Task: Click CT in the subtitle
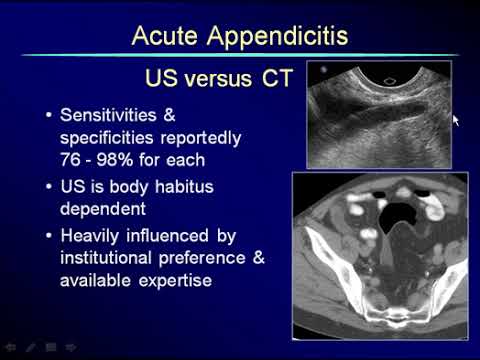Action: (x=273, y=77)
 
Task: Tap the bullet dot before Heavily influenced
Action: (x=48, y=236)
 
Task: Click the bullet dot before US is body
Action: (x=48, y=186)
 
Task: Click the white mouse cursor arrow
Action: (x=455, y=119)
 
